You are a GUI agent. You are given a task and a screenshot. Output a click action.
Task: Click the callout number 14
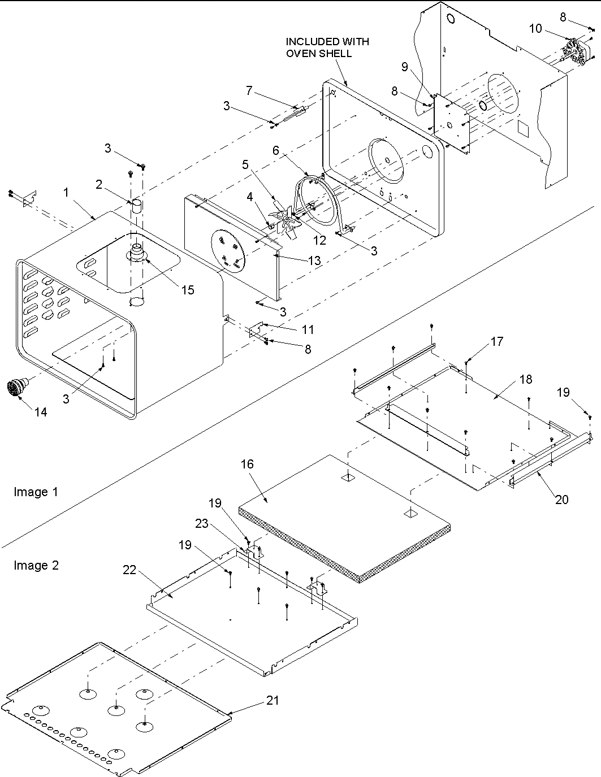coord(40,412)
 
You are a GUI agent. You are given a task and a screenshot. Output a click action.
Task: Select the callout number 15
coord(188,290)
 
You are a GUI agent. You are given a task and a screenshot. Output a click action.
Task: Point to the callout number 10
coord(535,28)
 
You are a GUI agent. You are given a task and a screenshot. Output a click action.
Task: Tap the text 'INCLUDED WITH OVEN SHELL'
coord(327,47)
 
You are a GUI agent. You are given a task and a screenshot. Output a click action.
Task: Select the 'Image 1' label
coord(36,492)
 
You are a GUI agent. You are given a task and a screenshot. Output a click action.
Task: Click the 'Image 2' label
coord(36,565)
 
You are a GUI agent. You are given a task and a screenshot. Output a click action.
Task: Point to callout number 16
coord(247,464)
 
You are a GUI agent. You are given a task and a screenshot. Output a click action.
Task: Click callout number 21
coord(273,700)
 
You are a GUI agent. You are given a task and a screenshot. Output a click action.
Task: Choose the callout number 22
coord(129,570)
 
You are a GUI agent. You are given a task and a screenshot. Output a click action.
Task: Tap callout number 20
coord(561,499)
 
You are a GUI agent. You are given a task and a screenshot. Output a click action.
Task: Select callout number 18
coord(526,380)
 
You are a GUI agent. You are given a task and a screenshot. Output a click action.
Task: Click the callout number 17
coord(496,341)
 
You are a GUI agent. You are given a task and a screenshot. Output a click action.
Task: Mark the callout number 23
coord(202,523)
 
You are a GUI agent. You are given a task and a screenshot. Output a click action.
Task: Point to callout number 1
coord(66,192)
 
